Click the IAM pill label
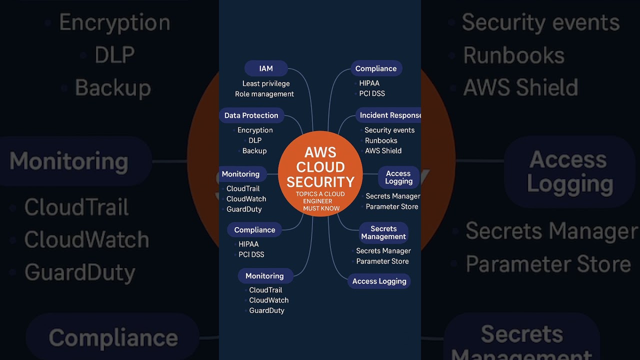pos(266,68)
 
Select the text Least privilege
pos(266,83)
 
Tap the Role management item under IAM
pos(264,94)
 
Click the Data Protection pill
pos(251,115)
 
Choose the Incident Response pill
pos(389,115)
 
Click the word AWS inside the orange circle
pos(320,152)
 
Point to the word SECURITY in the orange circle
pos(320,181)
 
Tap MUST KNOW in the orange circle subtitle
pos(321,208)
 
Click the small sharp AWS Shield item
pos(383,151)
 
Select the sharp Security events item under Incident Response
pos(389,130)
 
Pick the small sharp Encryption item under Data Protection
pos(255,130)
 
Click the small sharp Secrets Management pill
pos(383,232)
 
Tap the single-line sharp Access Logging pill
pos(379,281)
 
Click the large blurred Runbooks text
pos(513,55)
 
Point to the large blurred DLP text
pos(114,55)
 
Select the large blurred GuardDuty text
pos(80,272)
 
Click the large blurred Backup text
pos(112,88)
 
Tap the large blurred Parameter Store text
pos(548,264)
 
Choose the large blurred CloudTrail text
pos(76,207)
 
